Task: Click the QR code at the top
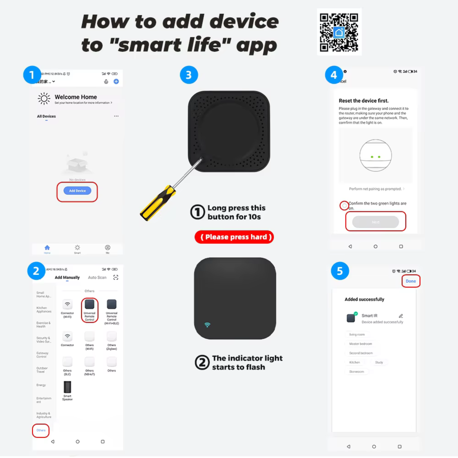[x=339, y=32]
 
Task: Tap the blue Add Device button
[x=77, y=191]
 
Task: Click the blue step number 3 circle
[x=189, y=75]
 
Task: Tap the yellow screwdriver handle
[x=158, y=203]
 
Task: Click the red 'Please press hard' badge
[x=234, y=237]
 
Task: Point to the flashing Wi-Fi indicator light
[x=207, y=325]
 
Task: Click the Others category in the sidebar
[x=41, y=430]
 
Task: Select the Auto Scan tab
[x=97, y=278]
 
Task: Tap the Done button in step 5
[x=411, y=281]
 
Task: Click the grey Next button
[x=376, y=222]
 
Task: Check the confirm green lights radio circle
[x=344, y=206]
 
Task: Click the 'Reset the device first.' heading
[x=364, y=101]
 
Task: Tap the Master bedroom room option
[x=360, y=344]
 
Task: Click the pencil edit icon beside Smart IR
[x=401, y=316]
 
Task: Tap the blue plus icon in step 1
[x=116, y=81]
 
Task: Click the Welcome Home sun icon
[x=44, y=99]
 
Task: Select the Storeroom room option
[x=357, y=371]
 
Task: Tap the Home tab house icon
[x=47, y=248]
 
